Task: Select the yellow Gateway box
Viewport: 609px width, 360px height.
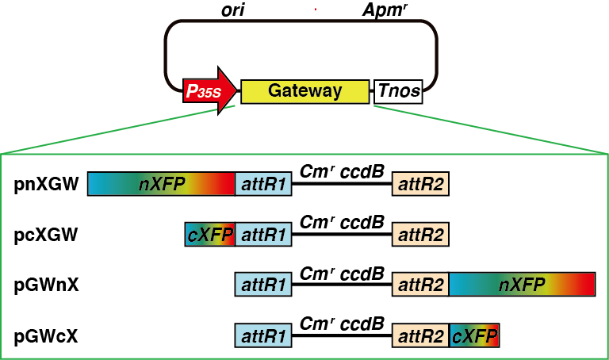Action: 304,90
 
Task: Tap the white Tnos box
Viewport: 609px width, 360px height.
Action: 398,91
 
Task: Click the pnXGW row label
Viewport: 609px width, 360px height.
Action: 46,186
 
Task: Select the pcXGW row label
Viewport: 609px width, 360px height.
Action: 46,235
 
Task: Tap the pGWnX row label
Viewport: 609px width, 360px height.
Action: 46,285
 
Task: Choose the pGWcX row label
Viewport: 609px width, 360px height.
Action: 46,337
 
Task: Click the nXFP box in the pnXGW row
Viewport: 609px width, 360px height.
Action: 161,185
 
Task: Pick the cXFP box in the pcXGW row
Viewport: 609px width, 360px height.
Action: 209,235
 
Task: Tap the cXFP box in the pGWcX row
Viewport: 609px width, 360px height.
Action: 474,337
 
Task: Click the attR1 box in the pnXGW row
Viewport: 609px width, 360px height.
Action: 263,185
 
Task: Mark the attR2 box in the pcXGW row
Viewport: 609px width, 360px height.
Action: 420,235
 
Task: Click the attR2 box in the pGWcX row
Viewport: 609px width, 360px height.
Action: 420,337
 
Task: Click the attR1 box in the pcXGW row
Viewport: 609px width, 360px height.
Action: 263,235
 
